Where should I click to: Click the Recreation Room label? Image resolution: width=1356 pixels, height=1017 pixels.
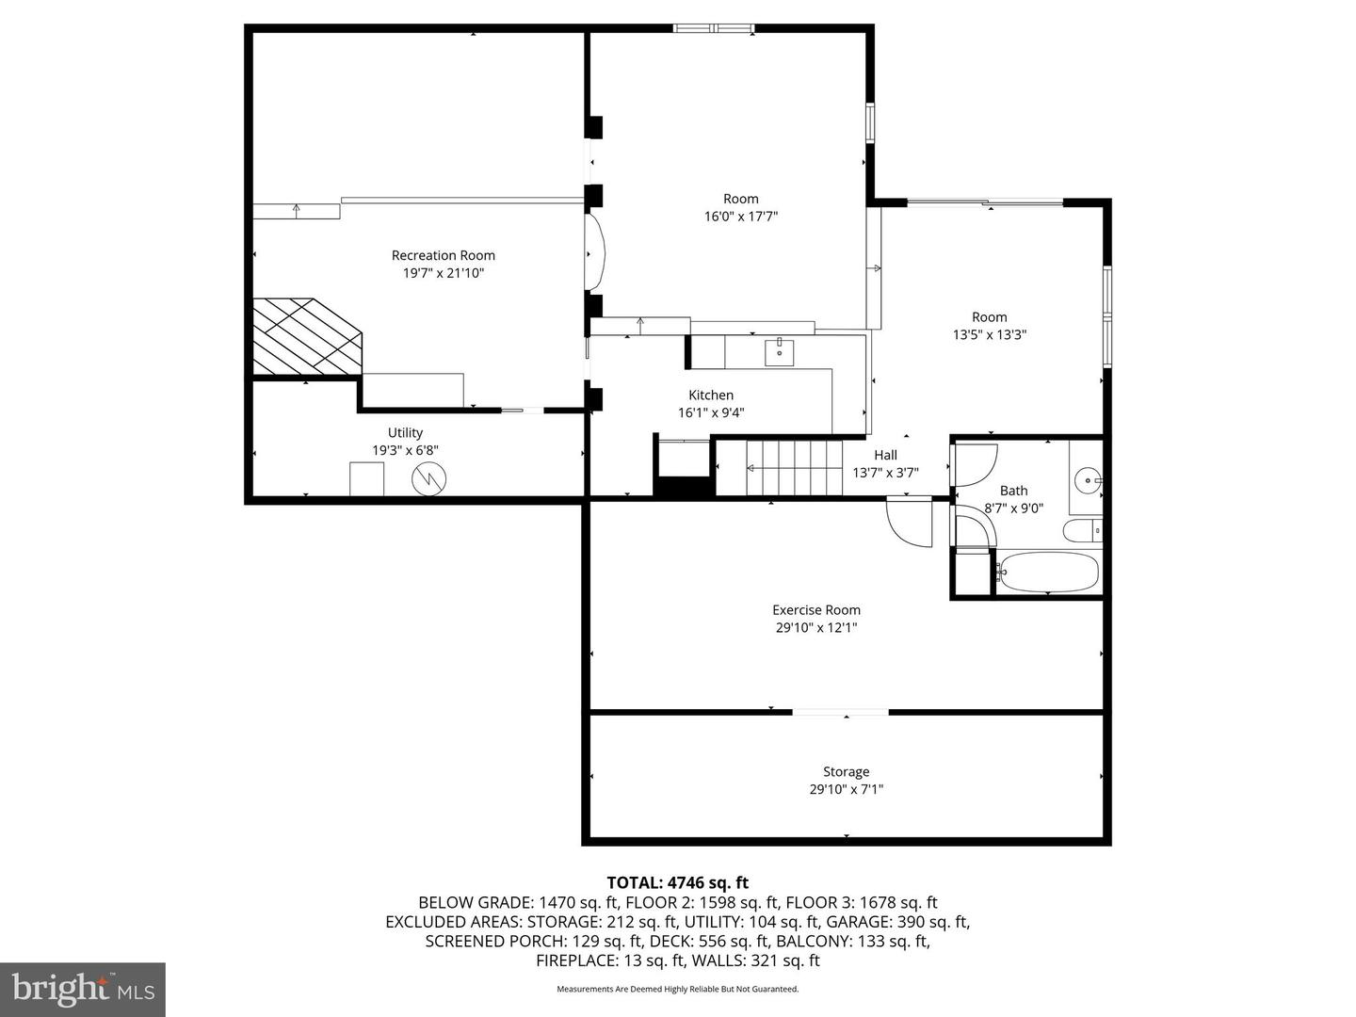pos(443,255)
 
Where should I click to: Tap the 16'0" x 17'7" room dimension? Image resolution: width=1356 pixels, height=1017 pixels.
pos(741,217)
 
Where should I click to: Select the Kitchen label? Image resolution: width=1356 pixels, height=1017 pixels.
pos(710,395)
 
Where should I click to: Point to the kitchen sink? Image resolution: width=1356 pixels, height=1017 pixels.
pos(779,351)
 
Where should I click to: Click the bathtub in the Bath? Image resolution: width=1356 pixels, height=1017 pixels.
pos(1048,572)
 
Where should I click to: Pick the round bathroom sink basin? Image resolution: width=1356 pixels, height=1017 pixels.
pos(1088,480)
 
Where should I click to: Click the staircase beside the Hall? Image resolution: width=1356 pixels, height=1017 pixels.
pos(794,467)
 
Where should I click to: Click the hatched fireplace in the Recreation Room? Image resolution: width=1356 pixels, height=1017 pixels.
pos(307,336)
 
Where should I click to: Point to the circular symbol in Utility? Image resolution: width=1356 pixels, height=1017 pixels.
pos(428,478)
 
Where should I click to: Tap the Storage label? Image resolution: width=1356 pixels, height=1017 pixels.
pos(846,771)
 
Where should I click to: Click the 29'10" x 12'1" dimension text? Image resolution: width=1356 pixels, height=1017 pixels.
pos(816,627)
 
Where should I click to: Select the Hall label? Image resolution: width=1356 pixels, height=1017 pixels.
pos(885,455)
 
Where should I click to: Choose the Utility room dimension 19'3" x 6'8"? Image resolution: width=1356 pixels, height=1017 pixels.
pos(405,450)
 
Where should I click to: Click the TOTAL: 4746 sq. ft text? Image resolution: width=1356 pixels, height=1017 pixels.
pos(678,882)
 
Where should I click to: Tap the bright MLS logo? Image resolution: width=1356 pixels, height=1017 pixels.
pos(83,989)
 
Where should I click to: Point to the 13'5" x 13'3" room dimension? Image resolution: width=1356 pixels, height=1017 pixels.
pos(989,334)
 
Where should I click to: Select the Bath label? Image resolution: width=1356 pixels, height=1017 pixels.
pos(1013,491)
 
